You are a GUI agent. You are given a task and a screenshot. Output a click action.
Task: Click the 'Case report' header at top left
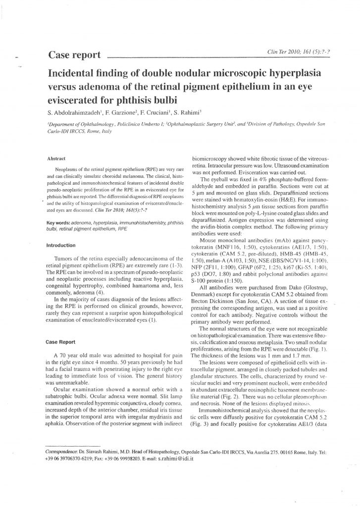click(x=74, y=53)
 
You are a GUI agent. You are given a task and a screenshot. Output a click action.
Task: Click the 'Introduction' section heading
click(x=60, y=245)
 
